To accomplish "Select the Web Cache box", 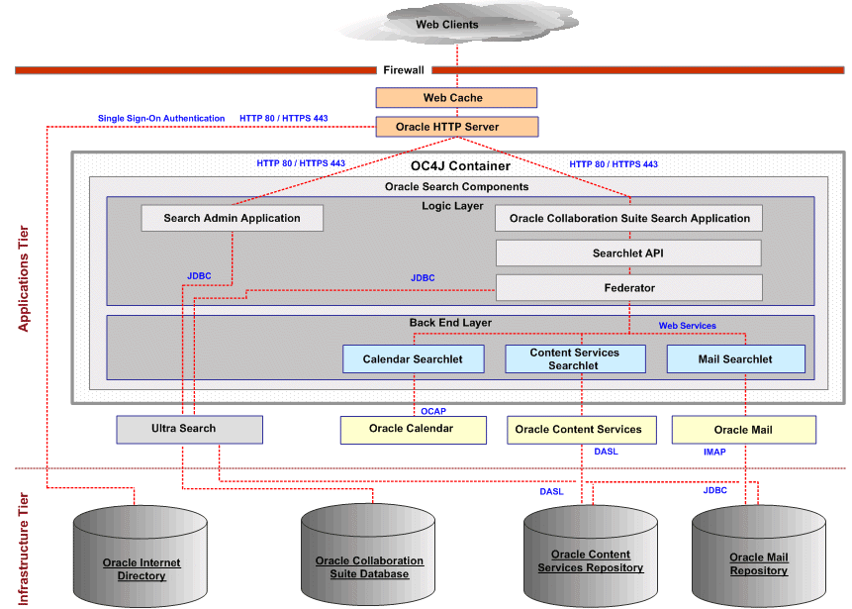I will tap(456, 98).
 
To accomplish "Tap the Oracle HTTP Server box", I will tap(456, 127).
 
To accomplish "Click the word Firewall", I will tap(404, 70).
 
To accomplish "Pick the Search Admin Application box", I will tap(232, 218).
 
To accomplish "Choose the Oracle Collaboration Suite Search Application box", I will tap(629, 218).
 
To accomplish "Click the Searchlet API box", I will tap(628, 253).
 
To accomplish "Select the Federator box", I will tap(628, 288).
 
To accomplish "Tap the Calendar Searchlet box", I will tap(413, 358).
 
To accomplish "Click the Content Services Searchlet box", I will tap(574, 358).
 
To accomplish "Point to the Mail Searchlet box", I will tap(734, 358).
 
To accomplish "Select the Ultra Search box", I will tap(189, 429).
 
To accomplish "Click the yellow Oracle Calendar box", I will tap(413, 429).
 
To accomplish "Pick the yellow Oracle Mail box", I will tap(743, 430).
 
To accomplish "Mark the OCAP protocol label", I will tap(433, 410).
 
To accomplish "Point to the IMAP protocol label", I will tap(713, 452).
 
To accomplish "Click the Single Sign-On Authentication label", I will tap(161, 119).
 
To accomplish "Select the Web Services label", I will tap(687, 326).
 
